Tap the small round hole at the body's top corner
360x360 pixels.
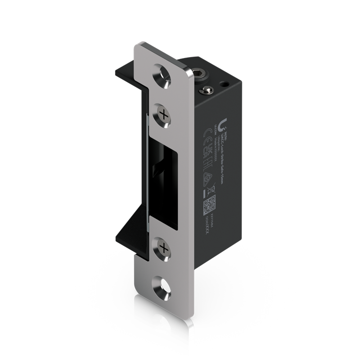coord(223,83)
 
